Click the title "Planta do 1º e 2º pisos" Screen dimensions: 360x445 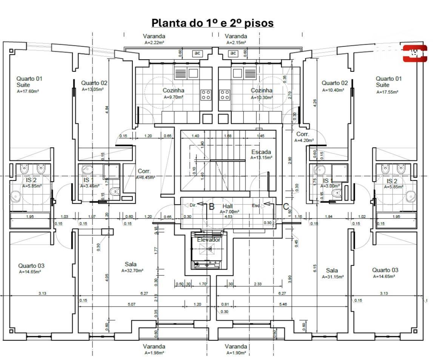pos(212,23)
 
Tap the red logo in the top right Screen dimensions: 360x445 pos(415,53)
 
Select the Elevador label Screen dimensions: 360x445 pos(208,239)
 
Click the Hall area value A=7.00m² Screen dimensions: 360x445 pos(229,212)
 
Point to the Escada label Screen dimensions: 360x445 pos(261,152)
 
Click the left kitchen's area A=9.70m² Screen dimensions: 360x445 pos(173,97)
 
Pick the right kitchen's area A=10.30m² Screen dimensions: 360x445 pos(262,97)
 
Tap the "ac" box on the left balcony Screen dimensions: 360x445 pos(197,53)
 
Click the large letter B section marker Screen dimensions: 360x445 pos(212,207)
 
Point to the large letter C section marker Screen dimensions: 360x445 pos(286,207)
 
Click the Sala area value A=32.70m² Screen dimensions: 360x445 pos(132,270)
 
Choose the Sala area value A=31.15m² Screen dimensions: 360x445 pos(333,277)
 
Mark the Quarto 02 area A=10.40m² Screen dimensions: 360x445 pos(333,90)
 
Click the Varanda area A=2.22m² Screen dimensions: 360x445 pos(154,43)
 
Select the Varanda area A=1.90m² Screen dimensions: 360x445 pos(236,352)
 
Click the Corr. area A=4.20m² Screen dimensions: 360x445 pos(304,140)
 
